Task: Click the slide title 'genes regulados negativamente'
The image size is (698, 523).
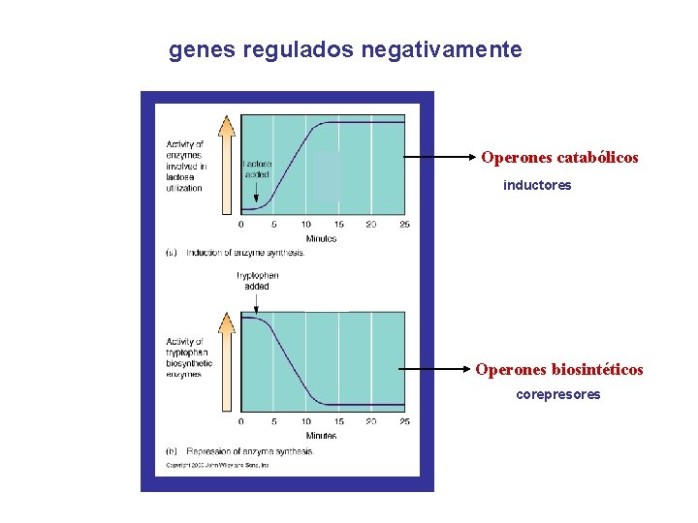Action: click(x=345, y=49)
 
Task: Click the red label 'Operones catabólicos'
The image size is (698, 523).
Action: click(x=559, y=157)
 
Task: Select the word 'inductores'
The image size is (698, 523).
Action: click(x=537, y=185)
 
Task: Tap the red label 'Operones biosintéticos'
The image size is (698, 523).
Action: click(x=558, y=369)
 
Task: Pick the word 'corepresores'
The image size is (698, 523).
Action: click(x=557, y=395)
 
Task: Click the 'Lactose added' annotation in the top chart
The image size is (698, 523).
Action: click(x=258, y=169)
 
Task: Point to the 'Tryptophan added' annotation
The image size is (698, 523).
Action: click(x=258, y=281)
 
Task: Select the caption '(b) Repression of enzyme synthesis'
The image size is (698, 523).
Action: click(x=238, y=451)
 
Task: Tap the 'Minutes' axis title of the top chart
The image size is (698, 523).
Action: click(x=321, y=238)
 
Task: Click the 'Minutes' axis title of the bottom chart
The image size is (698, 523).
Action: click(x=321, y=436)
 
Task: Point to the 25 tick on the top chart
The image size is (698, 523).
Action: click(x=404, y=226)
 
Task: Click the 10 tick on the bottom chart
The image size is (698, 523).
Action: click(x=306, y=422)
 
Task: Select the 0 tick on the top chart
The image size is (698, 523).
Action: click(x=241, y=226)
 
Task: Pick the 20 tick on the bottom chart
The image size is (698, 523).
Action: click(x=371, y=422)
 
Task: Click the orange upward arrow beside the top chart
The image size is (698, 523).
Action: click(x=227, y=164)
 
